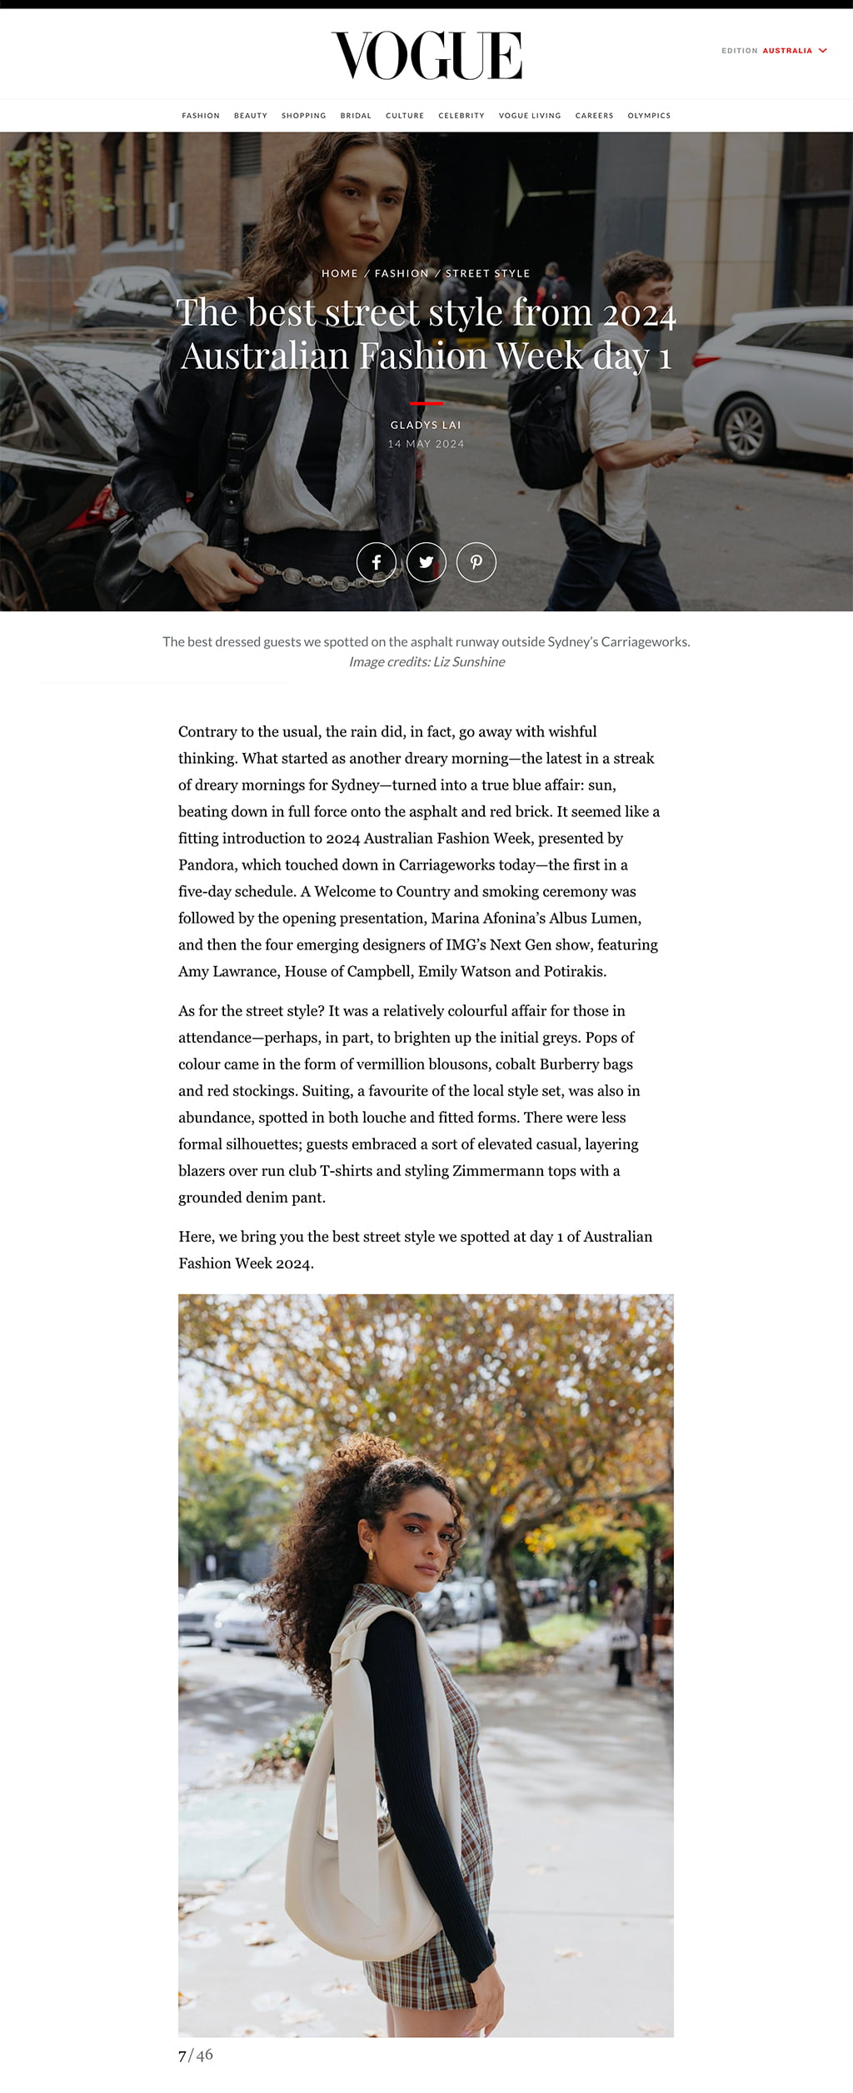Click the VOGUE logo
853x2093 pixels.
tap(426, 56)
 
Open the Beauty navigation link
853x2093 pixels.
tap(250, 116)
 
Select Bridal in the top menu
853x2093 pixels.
tap(356, 116)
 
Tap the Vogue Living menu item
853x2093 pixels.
tap(530, 116)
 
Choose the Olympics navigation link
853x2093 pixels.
tap(649, 116)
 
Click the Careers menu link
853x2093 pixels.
tap(594, 116)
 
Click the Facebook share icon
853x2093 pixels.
tap(377, 562)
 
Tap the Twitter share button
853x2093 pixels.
tap(426, 562)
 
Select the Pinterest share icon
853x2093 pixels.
tap(476, 562)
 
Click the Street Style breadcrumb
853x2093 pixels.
tap(487, 273)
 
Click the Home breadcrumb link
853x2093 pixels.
tap(340, 273)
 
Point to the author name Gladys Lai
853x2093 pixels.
tap(426, 425)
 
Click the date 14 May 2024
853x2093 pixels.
tap(426, 444)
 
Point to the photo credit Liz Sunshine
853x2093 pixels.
tap(469, 662)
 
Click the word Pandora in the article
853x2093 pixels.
tap(207, 865)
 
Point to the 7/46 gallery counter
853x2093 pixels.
tap(196, 2055)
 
